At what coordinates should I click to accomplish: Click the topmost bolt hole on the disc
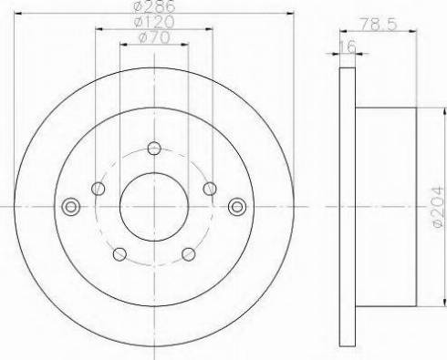(154, 149)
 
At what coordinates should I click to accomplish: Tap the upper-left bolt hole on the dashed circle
(99, 189)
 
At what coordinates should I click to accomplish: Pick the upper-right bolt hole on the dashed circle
(210, 189)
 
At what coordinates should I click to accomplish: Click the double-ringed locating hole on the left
(69, 207)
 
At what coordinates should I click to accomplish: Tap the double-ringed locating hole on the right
(239, 207)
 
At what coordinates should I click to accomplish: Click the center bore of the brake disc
(154, 207)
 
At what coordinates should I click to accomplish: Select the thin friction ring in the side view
(345, 207)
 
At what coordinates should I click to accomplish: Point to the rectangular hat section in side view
(384, 207)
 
